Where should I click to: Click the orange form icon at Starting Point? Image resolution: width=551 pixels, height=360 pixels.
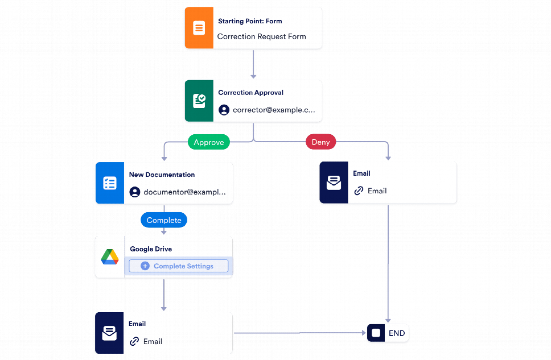click(199, 28)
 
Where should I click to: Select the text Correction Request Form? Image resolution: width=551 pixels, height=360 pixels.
click(261, 36)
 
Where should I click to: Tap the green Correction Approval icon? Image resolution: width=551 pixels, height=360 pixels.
click(199, 101)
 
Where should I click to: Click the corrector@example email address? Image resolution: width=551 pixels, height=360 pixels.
click(274, 110)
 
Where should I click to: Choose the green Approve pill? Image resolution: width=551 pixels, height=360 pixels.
click(209, 142)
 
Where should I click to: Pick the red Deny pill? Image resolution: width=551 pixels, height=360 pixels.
click(320, 142)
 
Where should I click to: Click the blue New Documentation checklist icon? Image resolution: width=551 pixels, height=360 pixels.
click(109, 183)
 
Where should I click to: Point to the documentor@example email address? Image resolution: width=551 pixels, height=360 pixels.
click(184, 192)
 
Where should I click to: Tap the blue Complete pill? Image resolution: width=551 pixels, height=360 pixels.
click(164, 220)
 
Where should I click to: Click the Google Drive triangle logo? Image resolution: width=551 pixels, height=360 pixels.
click(110, 257)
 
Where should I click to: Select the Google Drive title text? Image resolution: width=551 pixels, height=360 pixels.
click(151, 249)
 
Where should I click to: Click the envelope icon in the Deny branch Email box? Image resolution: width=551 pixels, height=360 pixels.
click(334, 183)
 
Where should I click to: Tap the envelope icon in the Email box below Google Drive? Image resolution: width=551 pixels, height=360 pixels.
click(109, 333)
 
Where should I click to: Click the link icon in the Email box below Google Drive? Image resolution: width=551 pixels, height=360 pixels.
click(134, 341)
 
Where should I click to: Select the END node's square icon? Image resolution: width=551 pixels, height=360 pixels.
click(376, 333)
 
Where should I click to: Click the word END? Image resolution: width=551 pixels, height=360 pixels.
click(397, 333)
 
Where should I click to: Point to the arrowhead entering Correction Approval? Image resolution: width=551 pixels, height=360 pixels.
click(253, 76)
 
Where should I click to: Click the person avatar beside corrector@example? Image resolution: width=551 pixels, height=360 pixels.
click(224, 110)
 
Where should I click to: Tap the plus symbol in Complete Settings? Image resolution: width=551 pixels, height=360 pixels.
click(145, 266)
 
